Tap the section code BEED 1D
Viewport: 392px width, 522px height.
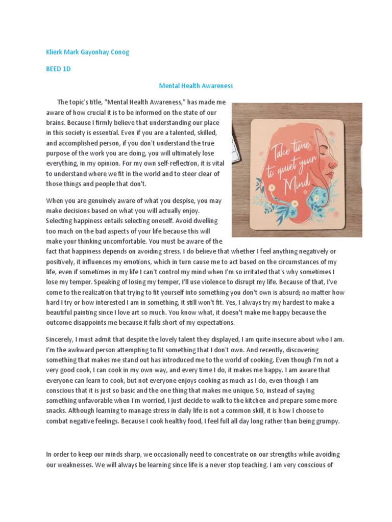pyautogui.click(x=58, y=69)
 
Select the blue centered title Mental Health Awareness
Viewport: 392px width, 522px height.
pyautogui.click(x=196, y=86)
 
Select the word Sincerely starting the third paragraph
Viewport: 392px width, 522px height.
pyautogui.click(x=61, y=340)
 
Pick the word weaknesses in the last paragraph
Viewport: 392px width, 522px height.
pyautogui.click(x=65, y=464)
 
